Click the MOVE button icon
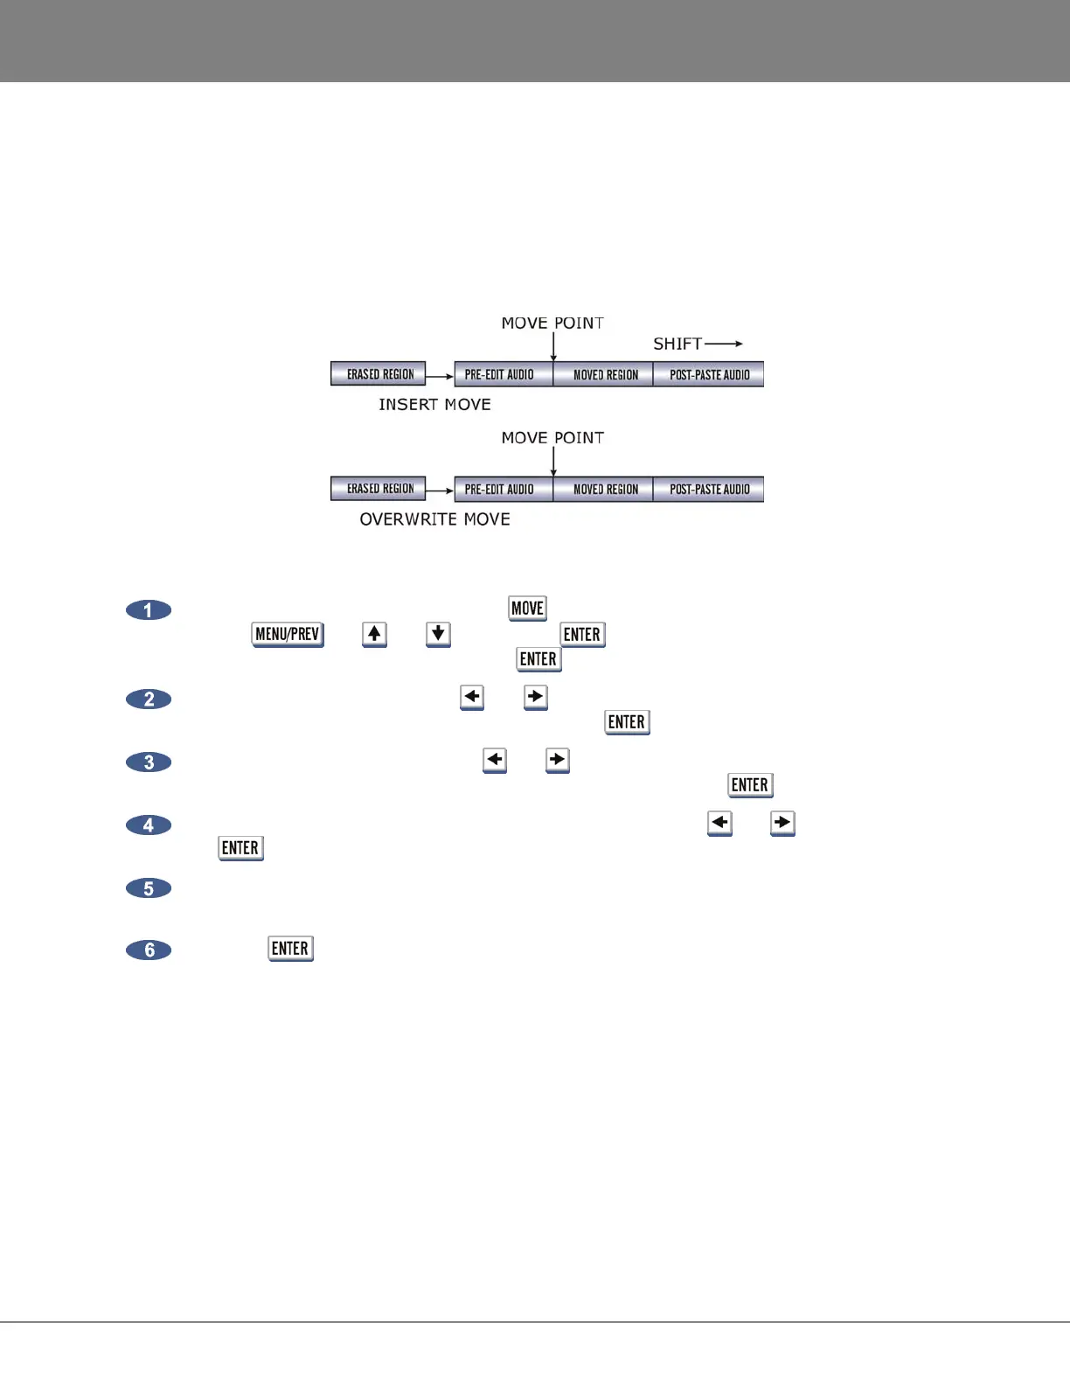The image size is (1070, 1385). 527,609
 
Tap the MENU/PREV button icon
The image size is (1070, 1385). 287,634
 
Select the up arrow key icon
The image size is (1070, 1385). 374,634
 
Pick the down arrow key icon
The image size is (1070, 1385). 438,634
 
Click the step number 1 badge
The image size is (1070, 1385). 149,609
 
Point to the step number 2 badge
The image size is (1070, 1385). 149,699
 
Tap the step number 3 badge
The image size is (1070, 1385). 149,762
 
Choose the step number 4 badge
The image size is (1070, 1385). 149,825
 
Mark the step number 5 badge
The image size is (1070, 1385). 149,887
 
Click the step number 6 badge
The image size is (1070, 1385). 149,950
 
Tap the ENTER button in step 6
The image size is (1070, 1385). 290,949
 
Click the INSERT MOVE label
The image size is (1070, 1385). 434,405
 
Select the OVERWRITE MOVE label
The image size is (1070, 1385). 434,519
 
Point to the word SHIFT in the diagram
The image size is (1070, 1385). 677,344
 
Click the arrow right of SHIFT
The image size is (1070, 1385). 724,344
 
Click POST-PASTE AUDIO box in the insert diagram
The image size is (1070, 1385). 709,374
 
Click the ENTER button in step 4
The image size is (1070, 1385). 240,848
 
